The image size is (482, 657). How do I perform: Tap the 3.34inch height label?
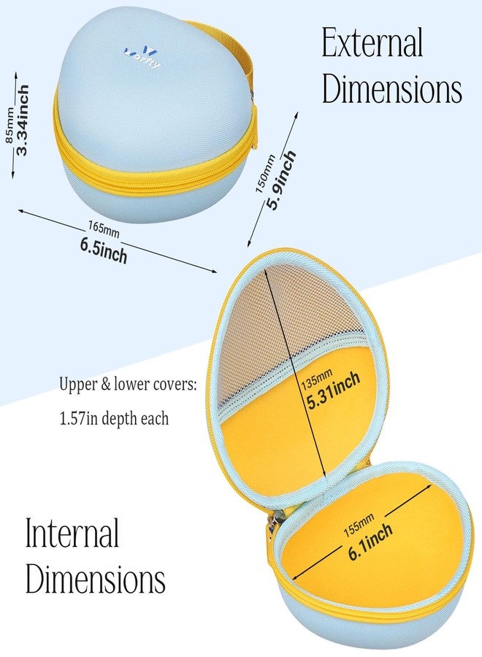[x=23, y=120]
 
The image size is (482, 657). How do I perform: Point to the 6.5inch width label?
[x=104, y=250]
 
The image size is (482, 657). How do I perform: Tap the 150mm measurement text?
[x=265, y=174]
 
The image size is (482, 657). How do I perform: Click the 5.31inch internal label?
[x=333, y=391]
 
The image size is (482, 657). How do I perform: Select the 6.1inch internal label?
[x=370, y=542]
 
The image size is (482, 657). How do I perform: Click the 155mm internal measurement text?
[x=359, y=525]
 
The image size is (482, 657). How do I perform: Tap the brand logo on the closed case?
[x=142, y=58]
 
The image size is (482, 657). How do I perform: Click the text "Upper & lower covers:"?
[x=128, y=384]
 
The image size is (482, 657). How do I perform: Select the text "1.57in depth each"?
[x=114, y=418]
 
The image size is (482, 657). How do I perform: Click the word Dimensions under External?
[x=392, y=88]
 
